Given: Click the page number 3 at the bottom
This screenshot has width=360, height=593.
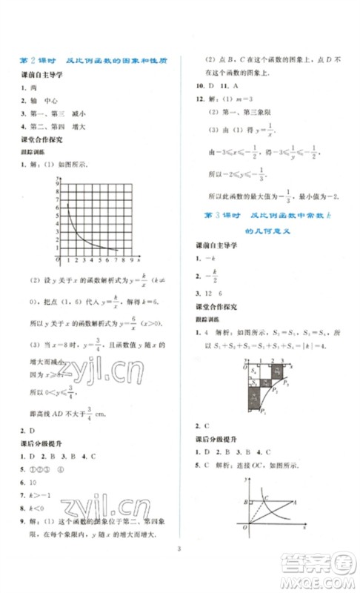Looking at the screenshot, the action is (179, 569).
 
